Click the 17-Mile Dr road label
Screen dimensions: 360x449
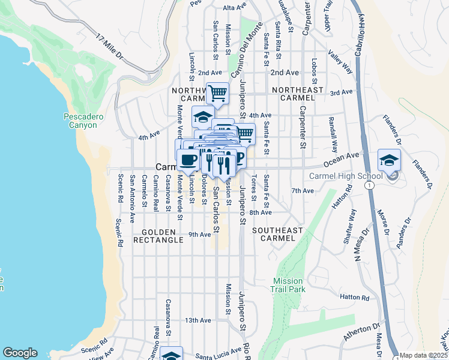[x=109, y=47]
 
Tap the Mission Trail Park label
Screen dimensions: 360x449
[x=289, y=285]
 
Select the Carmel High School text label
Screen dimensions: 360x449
[x=345, y=176]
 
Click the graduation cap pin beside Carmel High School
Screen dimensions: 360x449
[x=388, y=160]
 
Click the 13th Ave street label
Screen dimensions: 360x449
[x=198, y=320]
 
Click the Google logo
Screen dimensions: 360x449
[x=20, y=353]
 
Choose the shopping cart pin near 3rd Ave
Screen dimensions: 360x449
[x=217, y=93]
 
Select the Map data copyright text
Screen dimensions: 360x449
[x=423, y=355]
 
